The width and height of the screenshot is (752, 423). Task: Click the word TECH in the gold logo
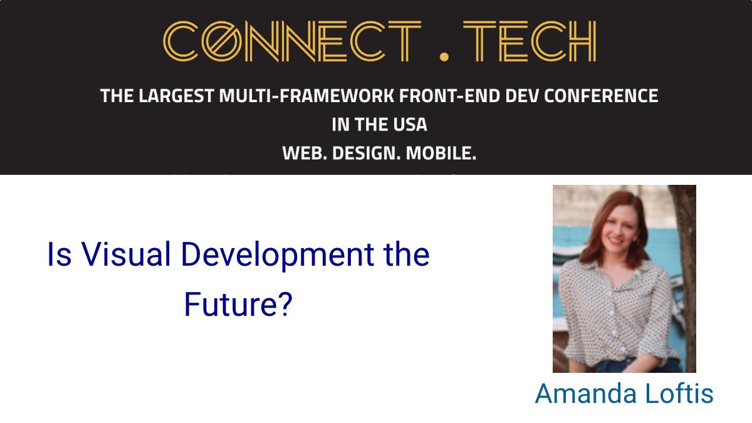[530, 41]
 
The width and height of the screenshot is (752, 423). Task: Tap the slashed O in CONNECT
[222, 41]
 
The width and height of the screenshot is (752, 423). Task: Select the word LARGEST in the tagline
[176, 96]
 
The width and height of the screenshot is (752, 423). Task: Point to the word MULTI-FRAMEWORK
[306, 96]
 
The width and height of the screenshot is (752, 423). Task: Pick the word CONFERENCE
[601, 96]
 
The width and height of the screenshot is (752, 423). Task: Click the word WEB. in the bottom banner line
[305, 154]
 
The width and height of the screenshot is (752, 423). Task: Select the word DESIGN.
[366, 154]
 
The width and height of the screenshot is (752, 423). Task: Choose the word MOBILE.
[441, 154]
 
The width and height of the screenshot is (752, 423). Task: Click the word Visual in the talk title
[126, 254]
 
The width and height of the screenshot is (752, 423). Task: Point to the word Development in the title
[277, 256]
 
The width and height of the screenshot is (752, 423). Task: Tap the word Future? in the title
[238, 304]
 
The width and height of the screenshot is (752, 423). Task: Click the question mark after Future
[285, 304]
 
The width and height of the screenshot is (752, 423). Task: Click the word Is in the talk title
[60, 254]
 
